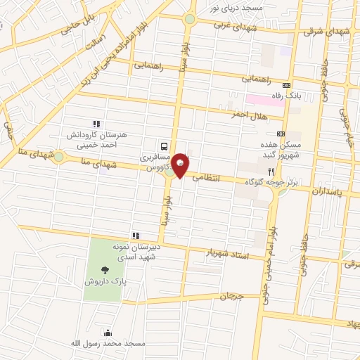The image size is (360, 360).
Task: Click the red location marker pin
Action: pyautogui.click(x=180, y=164)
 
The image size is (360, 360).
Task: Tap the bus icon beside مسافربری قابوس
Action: pyautogui.click(x=164, y=147)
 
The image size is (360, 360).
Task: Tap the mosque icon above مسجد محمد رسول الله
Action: pyautogui.click(x=108, y=333)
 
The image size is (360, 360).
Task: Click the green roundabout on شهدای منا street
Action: pyautogui.click(x=58, y=157)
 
